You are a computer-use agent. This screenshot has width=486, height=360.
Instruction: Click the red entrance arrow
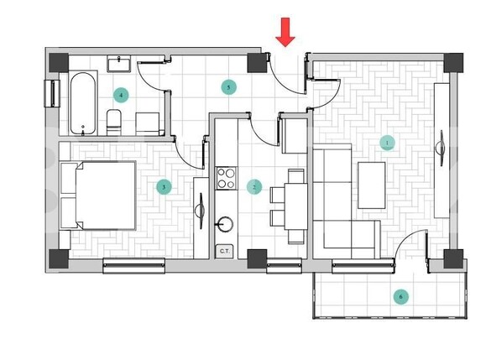click(286, 33)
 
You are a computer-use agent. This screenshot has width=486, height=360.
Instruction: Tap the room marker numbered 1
click(387, 143)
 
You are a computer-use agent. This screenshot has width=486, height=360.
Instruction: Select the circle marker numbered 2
click(255, 186)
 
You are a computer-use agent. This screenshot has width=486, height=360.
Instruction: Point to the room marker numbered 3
click(164, 186)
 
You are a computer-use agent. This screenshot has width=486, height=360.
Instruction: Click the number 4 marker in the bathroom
click(122, 95)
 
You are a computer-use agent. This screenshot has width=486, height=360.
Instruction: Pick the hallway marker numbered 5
click(227, 86)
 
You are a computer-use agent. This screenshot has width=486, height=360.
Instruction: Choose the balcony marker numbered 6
click(401, 296)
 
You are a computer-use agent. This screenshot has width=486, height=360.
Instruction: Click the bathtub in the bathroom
click(81, 103)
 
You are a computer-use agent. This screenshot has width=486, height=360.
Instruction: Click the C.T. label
click(225, 250)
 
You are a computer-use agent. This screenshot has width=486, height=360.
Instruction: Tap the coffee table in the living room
click(371, 184)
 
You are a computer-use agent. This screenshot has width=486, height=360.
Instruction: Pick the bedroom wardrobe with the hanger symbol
click(201, 214)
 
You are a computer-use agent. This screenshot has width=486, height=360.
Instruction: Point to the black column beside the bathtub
click(58, 62)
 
